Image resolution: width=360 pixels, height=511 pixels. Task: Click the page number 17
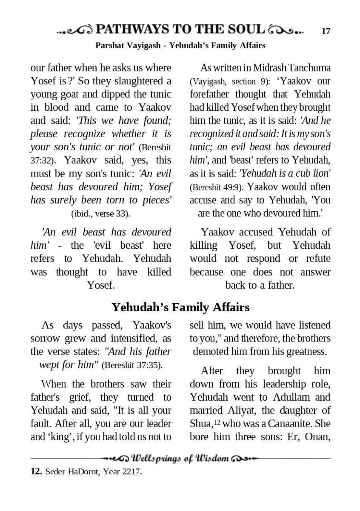point(326,31)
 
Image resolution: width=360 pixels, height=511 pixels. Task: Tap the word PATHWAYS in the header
point(132,29)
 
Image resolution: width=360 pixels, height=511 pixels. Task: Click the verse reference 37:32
point(41,161)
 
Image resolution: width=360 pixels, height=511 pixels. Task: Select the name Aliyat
point(243,411)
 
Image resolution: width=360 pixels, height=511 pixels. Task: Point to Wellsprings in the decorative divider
point(157,459)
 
